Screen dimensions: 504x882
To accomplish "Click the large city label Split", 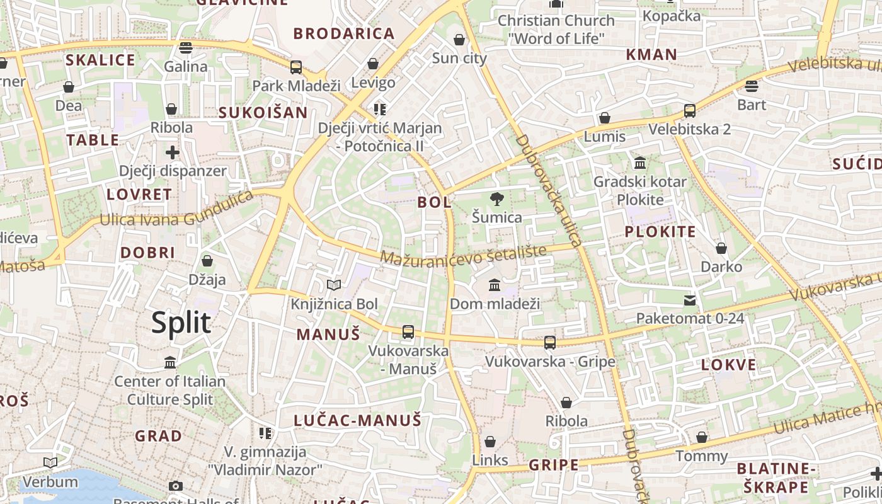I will (x=181, y=323).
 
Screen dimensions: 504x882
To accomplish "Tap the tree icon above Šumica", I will (x=497, y=200).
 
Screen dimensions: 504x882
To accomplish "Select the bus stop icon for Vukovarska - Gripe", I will (x=550, y=343).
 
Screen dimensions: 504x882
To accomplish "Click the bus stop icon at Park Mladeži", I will (x=296, y=67).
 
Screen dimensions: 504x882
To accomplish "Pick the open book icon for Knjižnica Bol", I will (x=334, y=285).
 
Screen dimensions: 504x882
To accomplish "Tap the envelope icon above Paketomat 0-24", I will (x=690, y=300).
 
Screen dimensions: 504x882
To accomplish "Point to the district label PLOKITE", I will (x=660, y=232).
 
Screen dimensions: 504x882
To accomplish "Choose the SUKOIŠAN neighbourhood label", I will (x=263, y=113).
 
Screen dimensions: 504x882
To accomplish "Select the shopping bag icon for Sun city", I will (x=459, y=40).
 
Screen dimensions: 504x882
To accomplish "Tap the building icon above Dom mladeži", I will (x=495, y=285).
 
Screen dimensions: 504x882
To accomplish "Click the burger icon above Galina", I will (x=185, y=48).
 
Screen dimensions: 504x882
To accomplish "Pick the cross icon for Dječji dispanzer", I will (x=173, y=152).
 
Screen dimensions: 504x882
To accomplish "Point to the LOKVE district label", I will (x=728, y=365).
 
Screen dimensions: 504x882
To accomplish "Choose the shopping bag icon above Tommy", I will (x=702, y=437).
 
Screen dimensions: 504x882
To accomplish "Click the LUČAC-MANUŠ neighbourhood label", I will (x=357, y=420).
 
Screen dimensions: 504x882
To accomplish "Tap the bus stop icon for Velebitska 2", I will (x=690, y=111).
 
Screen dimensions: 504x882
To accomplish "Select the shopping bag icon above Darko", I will (x=721, y=248).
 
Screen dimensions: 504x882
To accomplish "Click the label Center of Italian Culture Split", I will (x=169, y=390).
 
